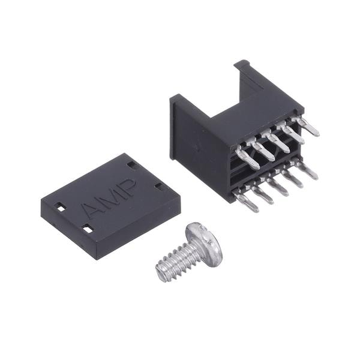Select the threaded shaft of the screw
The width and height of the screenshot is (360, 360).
tap(176, 258)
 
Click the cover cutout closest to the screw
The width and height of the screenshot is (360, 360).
tap(88, 229)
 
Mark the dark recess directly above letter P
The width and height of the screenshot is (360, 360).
tap(132, 165)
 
